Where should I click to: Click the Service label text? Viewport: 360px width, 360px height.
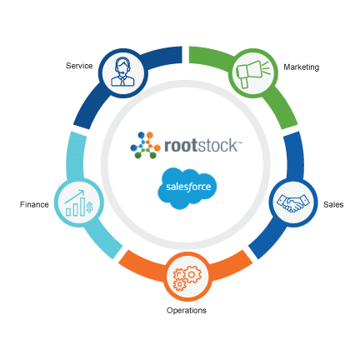pos(79,66)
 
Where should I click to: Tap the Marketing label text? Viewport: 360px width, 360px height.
pos(302,67)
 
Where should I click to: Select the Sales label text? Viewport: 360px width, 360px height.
pos(333,205)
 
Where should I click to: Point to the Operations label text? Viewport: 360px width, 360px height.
pos(187,311)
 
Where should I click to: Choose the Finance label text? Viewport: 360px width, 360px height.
pos(34,205)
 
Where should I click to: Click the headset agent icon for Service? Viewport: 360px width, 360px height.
pos(122,72)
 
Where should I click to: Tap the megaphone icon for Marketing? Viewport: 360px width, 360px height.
pos(252,73)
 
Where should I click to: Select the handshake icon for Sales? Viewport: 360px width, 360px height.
pos(293,202)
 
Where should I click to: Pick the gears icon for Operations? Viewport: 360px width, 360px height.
pos(187,278)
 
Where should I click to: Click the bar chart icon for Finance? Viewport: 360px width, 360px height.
pos(79,203)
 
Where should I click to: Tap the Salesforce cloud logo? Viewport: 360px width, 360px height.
pos(187,188)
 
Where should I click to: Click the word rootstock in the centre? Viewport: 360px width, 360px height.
pos(201,146)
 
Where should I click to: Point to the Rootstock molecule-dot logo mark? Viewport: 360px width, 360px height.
pos(145,145)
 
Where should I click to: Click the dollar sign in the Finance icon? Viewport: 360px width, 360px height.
pos(89,207)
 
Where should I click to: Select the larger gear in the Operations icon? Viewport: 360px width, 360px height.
pos(192,275)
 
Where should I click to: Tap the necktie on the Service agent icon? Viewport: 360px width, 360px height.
pos(122,82)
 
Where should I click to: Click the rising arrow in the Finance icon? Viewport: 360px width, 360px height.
pos(74,197)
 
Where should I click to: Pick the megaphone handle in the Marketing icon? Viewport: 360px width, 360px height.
pos(244,83)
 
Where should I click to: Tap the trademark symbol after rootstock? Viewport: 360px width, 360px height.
pos(240,142)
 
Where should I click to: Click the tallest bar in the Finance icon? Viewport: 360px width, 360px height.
pos(82,207)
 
